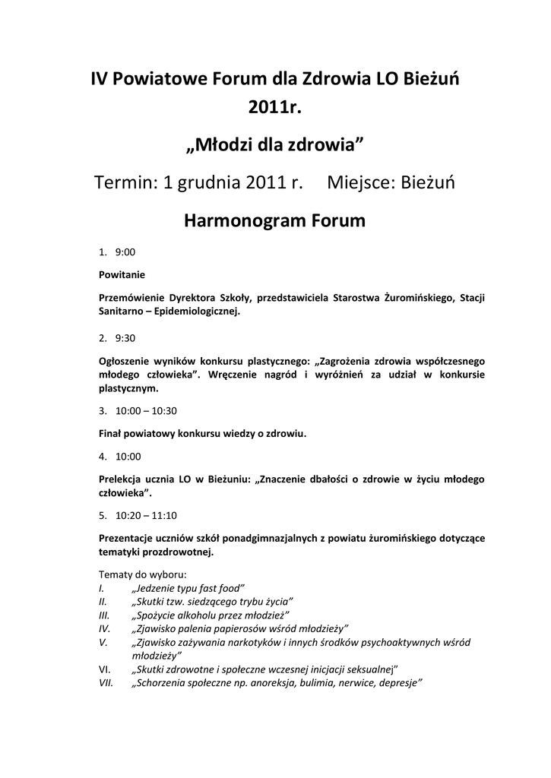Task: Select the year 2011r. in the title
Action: tap(275, 109)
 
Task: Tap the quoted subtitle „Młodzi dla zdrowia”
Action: tap(275, 144)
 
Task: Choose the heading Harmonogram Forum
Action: tap(275, 221)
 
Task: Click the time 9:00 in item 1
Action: tap(126, 251)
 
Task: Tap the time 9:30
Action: tap(126, 338)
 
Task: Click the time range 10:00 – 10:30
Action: tap(146, 411)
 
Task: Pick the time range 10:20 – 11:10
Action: tap(146, 514)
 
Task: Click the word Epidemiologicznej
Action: tap(196, 311)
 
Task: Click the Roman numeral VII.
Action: tap(106, 683)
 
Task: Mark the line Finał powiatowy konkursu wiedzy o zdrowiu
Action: tap(203, 433)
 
